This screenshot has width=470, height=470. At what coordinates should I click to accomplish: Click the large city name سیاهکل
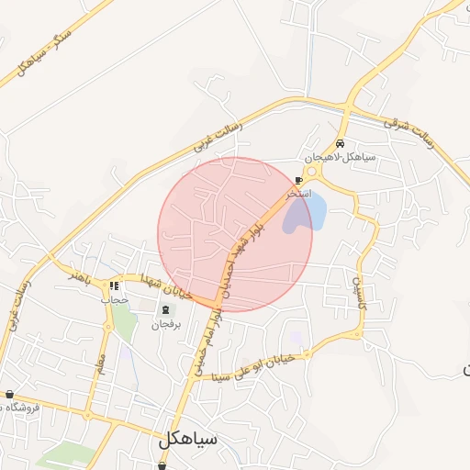coord(187,439)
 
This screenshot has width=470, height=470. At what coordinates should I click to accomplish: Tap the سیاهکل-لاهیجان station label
coord(341,156)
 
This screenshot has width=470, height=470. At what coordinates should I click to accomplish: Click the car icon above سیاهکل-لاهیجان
coord(341,143)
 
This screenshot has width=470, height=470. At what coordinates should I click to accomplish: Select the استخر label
coord(298,194)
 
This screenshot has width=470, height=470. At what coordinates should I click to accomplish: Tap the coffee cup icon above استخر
coord(298,181)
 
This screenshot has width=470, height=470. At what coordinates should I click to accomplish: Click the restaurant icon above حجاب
coord(115,286)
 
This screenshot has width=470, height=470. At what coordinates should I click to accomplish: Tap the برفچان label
coord(166,325)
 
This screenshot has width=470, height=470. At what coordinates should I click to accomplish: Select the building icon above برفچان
coord(166,310)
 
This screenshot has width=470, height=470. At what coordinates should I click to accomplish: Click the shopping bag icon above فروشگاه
coord(9,395)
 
